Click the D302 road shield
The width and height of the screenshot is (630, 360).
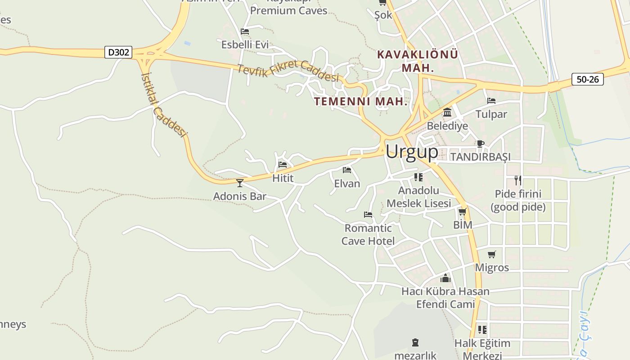pos(119,52)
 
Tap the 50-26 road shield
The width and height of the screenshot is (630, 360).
pos(588,80)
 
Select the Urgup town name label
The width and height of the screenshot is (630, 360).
pos(412,152)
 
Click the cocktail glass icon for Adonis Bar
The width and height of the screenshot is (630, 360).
pos(240,183)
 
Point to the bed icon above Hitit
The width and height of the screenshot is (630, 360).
pos(283,165)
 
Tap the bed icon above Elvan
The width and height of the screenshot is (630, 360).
pos(347,170)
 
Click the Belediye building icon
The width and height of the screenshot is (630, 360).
pos(447,112)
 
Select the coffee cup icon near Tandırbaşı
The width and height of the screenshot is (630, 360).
pos(480,144)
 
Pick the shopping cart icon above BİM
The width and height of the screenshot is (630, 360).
pos(462,211)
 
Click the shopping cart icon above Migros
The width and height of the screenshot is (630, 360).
pos(492,255)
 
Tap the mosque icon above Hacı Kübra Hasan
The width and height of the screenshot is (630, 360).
pos(445,278)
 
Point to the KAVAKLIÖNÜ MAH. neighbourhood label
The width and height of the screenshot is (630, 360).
pos(418,61)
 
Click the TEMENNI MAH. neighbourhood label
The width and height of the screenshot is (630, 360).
pos(361,101)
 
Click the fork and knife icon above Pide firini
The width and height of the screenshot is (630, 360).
pos(518,180)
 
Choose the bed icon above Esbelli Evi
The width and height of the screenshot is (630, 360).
pos(245,31)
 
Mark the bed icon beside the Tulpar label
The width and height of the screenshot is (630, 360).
pos(491,101)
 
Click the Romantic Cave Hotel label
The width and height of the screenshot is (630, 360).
pos(368,234)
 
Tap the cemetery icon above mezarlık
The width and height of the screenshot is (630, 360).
pos(415,342)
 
